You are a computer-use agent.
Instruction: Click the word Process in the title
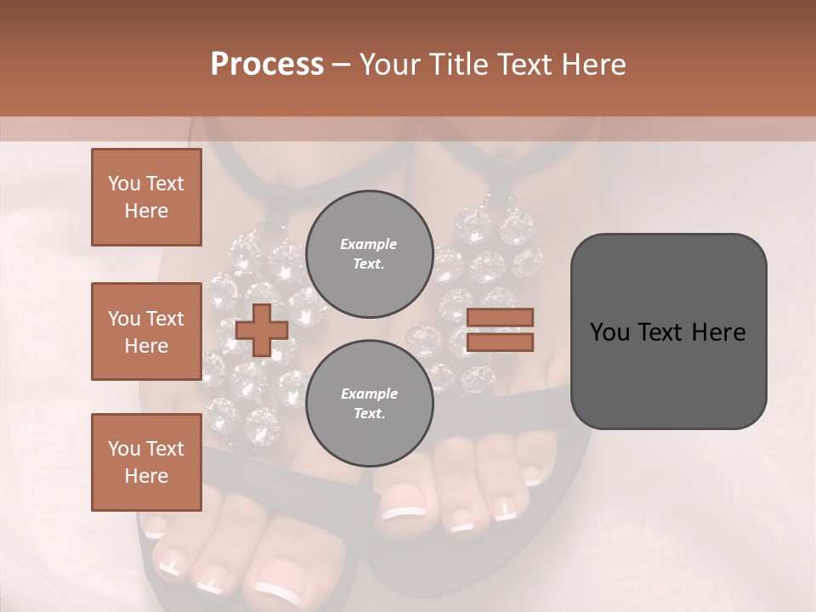(x=267, y=65)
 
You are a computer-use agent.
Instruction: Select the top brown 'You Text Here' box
(x=146, y=197)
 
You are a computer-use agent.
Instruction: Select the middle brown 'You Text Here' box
(x=146, y=331)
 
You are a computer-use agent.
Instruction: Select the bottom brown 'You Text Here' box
(x=146, y=462)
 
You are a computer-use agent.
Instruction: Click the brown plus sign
(x=261, y=330)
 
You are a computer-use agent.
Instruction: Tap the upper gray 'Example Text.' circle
(x=368, y=254)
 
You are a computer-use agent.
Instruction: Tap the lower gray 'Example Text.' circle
(x=368, y=404)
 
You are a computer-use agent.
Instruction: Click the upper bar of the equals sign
(x=500, y=318)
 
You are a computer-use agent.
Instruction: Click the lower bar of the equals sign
(x=500, y=343)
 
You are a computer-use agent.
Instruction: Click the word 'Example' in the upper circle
(x=368, y=245)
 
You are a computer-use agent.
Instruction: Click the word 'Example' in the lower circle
(x=368, y=394)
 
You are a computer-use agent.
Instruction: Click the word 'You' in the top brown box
(x=123, y=184)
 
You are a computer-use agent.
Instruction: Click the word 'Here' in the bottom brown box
(x=146, y=476)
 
